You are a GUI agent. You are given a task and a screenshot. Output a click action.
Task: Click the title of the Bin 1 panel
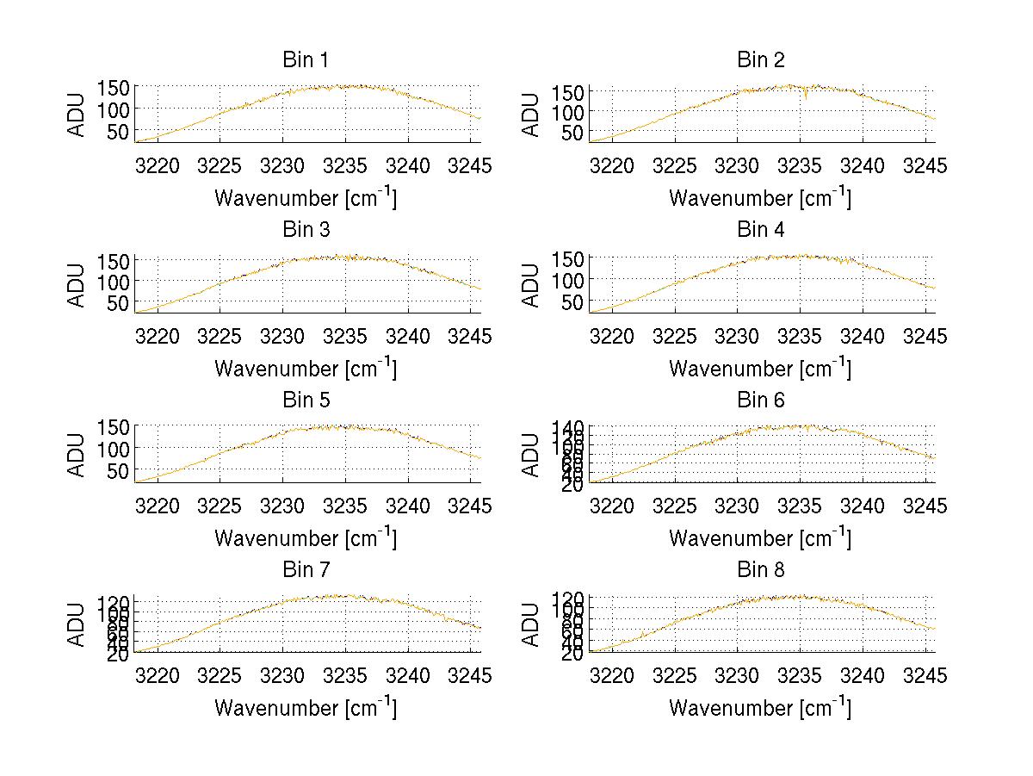(x=306, y=59)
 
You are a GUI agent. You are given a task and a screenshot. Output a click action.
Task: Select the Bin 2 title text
(x=761, y=59)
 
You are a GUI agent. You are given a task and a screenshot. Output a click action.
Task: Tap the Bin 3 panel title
(x=306, y=230)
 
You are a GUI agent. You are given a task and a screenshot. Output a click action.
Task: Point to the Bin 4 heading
(x=761, y=230)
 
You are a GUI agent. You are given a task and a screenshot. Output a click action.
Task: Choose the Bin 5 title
(x=306, y=400)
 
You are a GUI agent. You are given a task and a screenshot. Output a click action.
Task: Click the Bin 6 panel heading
(x=761, y=400)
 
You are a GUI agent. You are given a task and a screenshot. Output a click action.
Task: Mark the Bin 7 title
(x=306, y=569)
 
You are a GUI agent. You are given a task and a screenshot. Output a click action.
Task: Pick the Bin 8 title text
(x=761, y=569)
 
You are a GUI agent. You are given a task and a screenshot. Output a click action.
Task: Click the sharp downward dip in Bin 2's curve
(x=806, y=96)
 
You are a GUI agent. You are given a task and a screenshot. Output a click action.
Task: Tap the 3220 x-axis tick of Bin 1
(x=158, y=165)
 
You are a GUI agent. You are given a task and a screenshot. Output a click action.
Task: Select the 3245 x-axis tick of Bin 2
(x=925, y=165)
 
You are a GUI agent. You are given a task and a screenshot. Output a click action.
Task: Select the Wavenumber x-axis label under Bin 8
(x=760, y=707)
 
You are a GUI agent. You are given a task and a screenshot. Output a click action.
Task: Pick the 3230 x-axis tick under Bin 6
(x=737, y=506)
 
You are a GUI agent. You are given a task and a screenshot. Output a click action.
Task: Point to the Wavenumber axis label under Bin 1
(x=306, y=197)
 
